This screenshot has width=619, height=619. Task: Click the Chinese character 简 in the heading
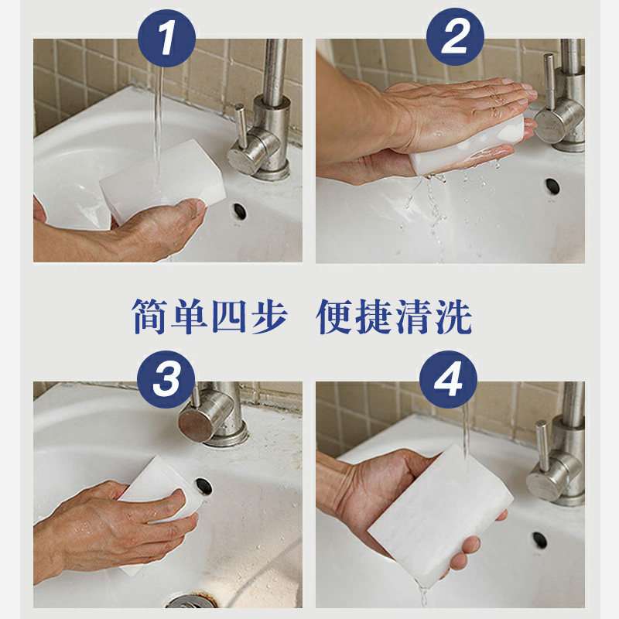tap(152, 317)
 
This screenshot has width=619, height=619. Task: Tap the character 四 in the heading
tap(230, 317)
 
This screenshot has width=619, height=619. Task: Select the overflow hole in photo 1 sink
tap(238, 210)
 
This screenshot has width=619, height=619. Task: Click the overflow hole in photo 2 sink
tap(552, 186)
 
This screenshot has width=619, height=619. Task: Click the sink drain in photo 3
tap(185, 602)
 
